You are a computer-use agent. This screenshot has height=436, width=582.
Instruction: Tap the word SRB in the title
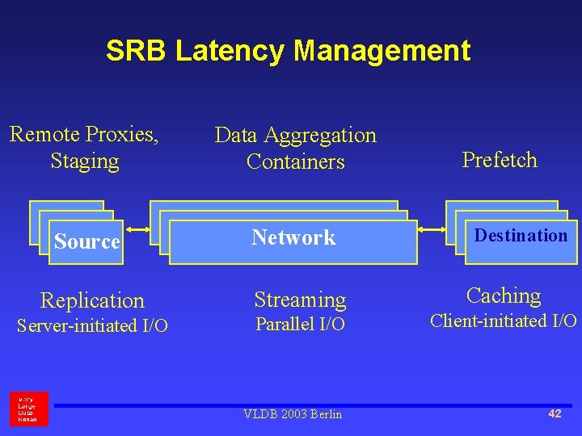(x=137, y=51)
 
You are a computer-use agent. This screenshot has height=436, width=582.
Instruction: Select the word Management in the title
(x=382, y=51)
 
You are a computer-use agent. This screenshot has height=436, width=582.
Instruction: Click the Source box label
(x=86, y=241)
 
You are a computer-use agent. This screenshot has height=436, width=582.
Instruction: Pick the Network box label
(x=293, y=237)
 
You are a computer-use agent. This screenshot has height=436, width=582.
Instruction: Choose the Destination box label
(x=521, y=236)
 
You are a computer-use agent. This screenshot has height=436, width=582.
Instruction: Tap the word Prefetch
(x=500, y=160)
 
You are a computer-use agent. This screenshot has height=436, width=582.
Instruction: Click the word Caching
(x=504, y=296)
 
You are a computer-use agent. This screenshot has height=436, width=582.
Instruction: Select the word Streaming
(x=300, y=300)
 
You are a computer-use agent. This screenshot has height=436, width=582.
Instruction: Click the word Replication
(x=92, y=300)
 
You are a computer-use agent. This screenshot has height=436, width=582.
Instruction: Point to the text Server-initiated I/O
(x=92, y=326)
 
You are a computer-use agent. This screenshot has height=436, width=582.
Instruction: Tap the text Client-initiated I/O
(x=503, y=321)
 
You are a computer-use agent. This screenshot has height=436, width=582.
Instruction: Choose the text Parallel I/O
(x=300, y=325)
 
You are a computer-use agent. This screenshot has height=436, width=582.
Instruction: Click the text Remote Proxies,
(x=84, y=134)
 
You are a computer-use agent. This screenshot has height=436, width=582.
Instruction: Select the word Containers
(x=295, y=161)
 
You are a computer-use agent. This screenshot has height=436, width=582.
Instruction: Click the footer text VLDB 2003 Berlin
(x=293, y=414)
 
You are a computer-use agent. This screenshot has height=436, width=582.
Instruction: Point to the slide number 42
(x=555, y=413)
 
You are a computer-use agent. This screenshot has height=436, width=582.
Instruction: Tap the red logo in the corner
(x=29, y=409)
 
